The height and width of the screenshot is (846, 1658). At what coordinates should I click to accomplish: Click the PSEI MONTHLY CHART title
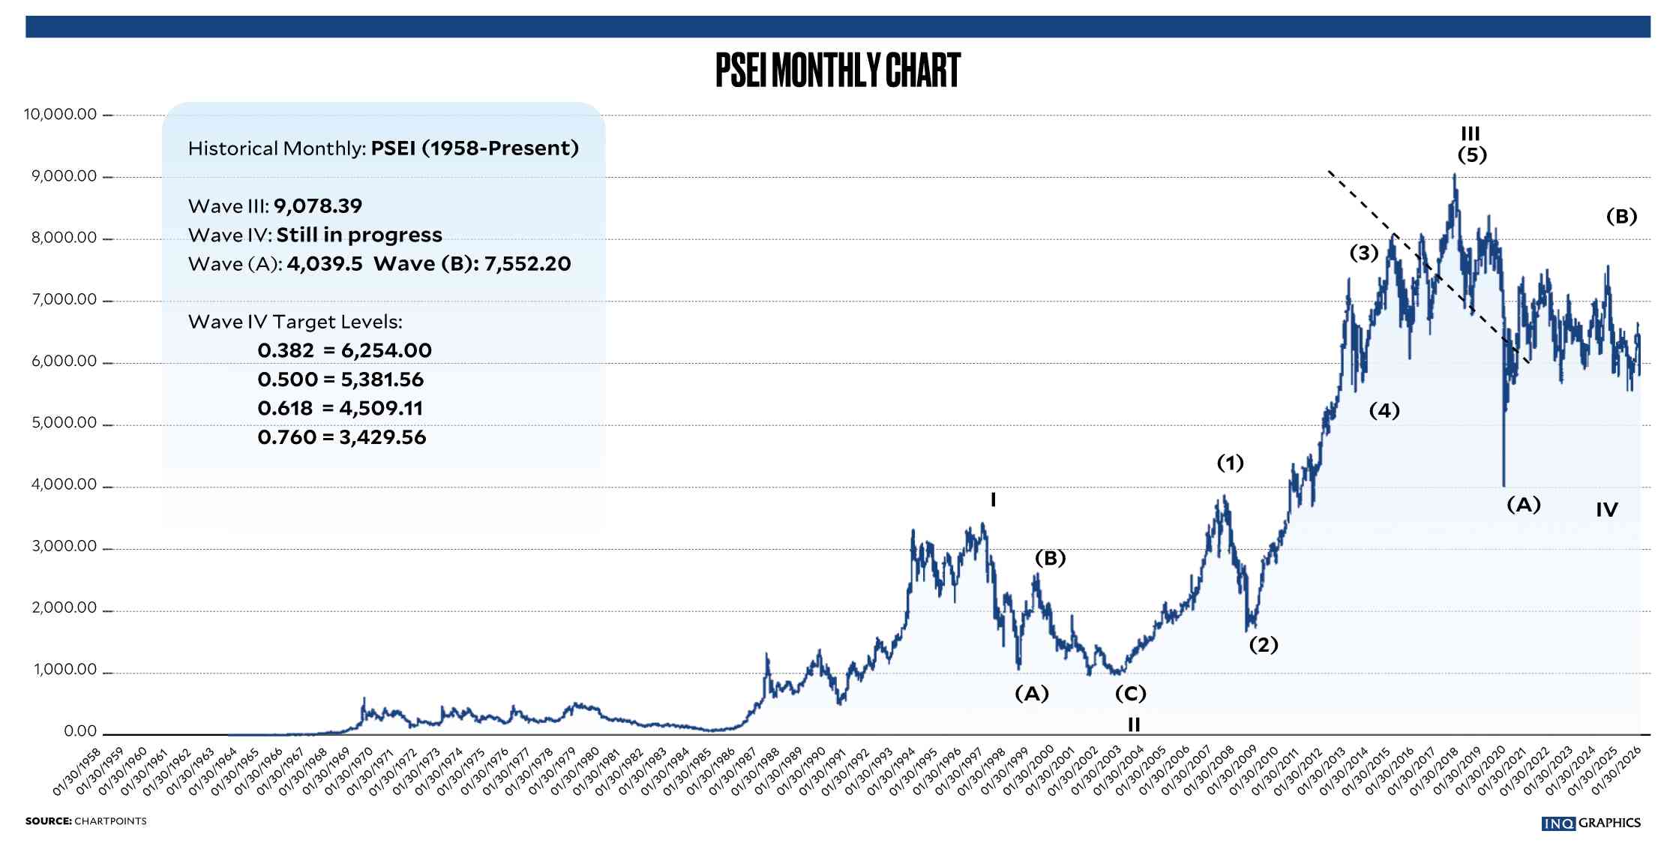pos(838,70)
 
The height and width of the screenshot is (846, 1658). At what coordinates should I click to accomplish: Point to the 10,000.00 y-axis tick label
pos(60,115)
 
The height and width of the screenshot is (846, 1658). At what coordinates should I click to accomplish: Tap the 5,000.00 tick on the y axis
pos(64,423)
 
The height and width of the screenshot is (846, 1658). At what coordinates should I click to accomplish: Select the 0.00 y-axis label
pos(80,731)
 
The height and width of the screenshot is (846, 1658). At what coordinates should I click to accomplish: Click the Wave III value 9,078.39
pos(317,206)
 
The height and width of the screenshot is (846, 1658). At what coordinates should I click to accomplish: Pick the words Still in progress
pos(359,235)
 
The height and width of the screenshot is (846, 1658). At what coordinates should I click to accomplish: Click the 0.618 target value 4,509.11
pos(381,409)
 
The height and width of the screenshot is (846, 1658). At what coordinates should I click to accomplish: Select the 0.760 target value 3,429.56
pos(382,437)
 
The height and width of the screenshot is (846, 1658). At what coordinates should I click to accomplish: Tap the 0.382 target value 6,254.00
pos(386,351)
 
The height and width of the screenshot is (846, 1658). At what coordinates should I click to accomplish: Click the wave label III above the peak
pos(1471,134)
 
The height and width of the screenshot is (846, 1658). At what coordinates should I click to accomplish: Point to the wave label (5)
pos(1472,155)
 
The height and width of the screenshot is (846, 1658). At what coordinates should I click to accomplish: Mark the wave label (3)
pos(1364,253)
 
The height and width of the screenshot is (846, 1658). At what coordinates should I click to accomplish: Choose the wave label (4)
pos(1384,410)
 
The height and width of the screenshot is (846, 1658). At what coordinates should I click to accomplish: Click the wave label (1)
pos(1230,463)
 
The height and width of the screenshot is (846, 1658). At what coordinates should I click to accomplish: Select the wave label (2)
pos(1264,645)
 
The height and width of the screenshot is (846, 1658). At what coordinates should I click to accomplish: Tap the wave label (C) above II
pos(1131,694)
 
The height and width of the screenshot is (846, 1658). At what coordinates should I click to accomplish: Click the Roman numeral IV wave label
pos(1606,511)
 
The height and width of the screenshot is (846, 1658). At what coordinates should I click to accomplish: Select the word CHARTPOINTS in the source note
pos(110,821)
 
